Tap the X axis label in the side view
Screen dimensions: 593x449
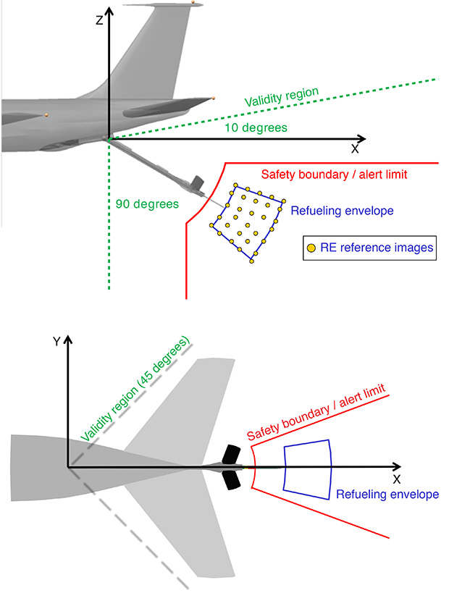pos(355,149)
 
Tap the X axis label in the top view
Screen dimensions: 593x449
pos(396,479)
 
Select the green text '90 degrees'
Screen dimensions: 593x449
pos(147,203)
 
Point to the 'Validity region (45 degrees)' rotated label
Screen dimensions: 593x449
pos(135,389)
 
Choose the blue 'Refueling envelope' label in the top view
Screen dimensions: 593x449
pos(387,495)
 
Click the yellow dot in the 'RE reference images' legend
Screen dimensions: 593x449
pos(311,248)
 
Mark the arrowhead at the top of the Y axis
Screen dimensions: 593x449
pos(67,339)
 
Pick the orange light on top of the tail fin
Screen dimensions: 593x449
pos(193,3)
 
